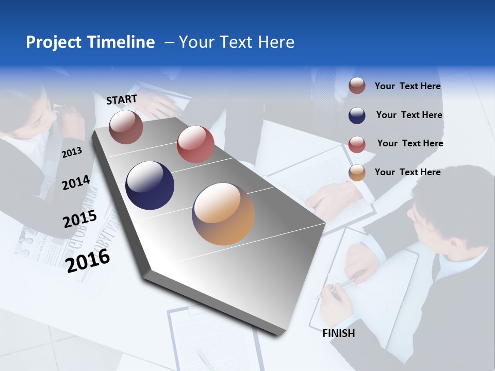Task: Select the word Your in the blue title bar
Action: (194, 42)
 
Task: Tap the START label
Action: (122, 99)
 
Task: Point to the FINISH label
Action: (338, 333)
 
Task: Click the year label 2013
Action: (72, 153)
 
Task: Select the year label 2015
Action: (79, 219)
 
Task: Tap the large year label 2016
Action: (88, 260)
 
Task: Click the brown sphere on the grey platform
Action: (126, 127)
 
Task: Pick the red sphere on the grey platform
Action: (195, 144)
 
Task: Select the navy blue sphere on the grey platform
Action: (150, 185)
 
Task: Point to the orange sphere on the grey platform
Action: (223, 214)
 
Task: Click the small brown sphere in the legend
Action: (357, 86)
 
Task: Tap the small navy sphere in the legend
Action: (357, 115)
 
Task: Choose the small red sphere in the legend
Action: (357, 144)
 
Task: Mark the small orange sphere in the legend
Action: (357, 173)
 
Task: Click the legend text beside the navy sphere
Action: (409, 115)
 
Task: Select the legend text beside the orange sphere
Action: (407, 172)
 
